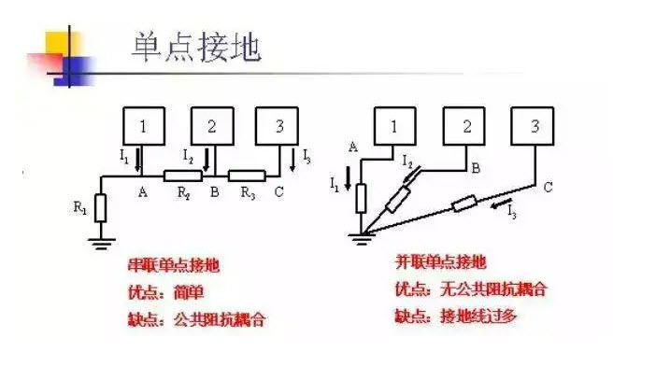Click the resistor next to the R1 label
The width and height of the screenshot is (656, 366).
[x=100, y=207]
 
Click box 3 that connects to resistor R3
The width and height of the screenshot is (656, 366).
[x=276, y=125]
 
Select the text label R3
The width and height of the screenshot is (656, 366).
[x=247, y=193]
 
